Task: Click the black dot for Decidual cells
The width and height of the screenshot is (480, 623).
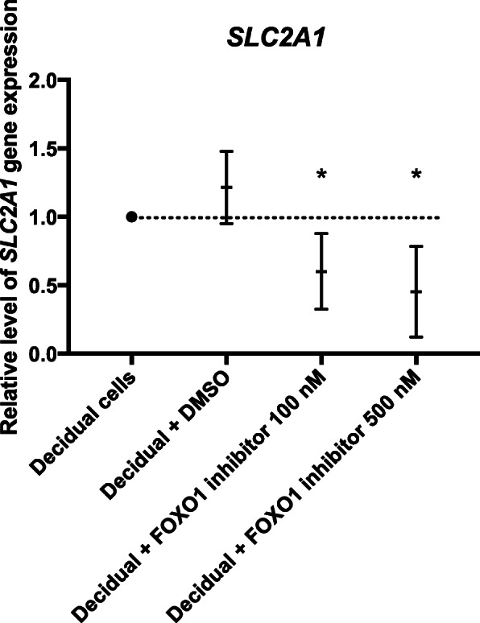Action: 131,217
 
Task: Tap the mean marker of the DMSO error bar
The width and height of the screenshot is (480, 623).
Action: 226,188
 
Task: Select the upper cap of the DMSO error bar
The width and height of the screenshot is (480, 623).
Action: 226,151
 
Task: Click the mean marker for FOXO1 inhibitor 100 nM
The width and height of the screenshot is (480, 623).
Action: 321,272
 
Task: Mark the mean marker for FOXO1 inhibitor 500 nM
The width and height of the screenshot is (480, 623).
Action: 416,291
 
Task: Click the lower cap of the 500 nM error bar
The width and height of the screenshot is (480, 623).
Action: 416,337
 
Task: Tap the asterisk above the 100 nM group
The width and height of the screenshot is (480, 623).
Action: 321,174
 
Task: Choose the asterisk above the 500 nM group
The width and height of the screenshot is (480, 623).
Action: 416,174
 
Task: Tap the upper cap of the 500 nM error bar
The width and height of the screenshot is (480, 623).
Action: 416,246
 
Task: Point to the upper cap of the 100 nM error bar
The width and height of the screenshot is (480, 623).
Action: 321,233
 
